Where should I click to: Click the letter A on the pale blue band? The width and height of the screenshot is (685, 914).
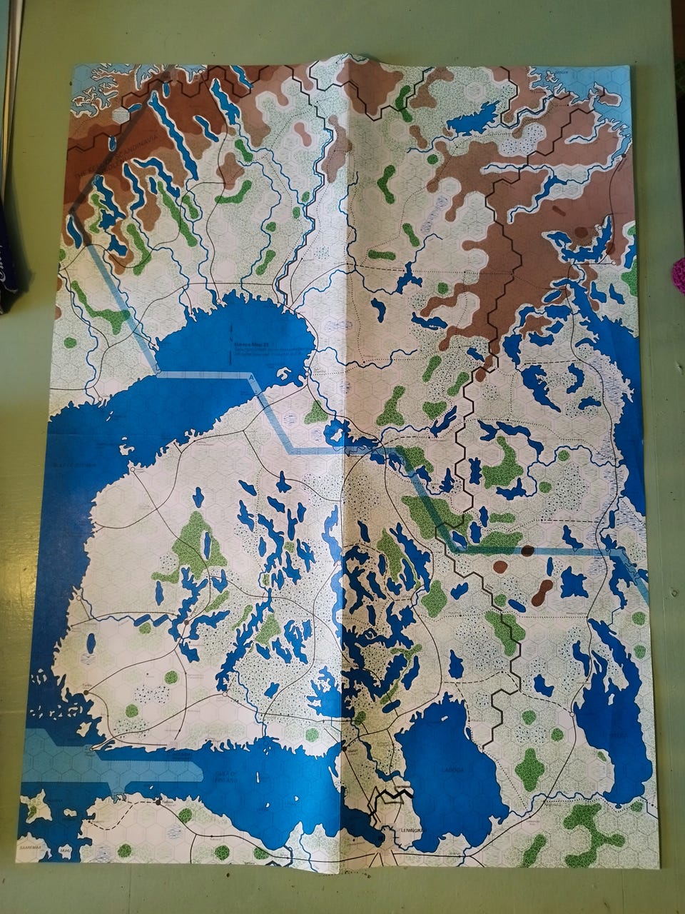tap(250, 376)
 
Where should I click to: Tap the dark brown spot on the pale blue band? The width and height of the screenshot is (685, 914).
tap(527, 551)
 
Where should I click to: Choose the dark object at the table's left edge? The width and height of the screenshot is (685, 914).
tap(11, 271)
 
